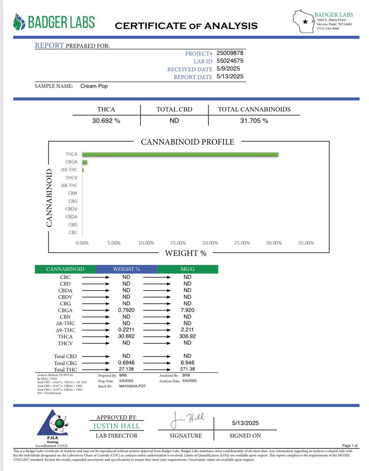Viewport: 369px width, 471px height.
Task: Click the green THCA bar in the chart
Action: coord(180,154)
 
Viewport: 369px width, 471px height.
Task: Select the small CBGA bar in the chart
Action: coord(85,162)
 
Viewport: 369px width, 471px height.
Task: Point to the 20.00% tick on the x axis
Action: coord(210,243)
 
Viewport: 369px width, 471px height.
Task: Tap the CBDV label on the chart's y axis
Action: coord(71,209)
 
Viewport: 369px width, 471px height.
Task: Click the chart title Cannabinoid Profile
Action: coord(187,142)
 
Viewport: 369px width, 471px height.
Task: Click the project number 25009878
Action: coord(230,53)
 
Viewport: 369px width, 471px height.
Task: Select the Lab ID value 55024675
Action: coord(230,61)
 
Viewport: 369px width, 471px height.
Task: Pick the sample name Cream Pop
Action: coord(94,86)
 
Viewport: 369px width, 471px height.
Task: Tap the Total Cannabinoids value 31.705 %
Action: coord(254,121)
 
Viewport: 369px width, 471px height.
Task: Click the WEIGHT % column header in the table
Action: coord(126,269)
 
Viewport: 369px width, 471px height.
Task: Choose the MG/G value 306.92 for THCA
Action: coord(187,336)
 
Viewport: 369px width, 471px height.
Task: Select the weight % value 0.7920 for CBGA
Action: coord(126,310)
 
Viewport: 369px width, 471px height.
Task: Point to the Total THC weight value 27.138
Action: coord(126,369)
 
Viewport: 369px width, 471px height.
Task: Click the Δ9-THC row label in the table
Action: coord(66,330)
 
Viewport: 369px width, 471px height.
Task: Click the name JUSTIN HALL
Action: coord(117,426)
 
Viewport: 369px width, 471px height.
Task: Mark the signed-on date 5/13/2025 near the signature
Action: coord(245,423)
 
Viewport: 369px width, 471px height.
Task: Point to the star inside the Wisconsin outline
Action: coord(305,22)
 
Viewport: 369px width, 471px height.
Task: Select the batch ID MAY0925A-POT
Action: coord(133,386)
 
